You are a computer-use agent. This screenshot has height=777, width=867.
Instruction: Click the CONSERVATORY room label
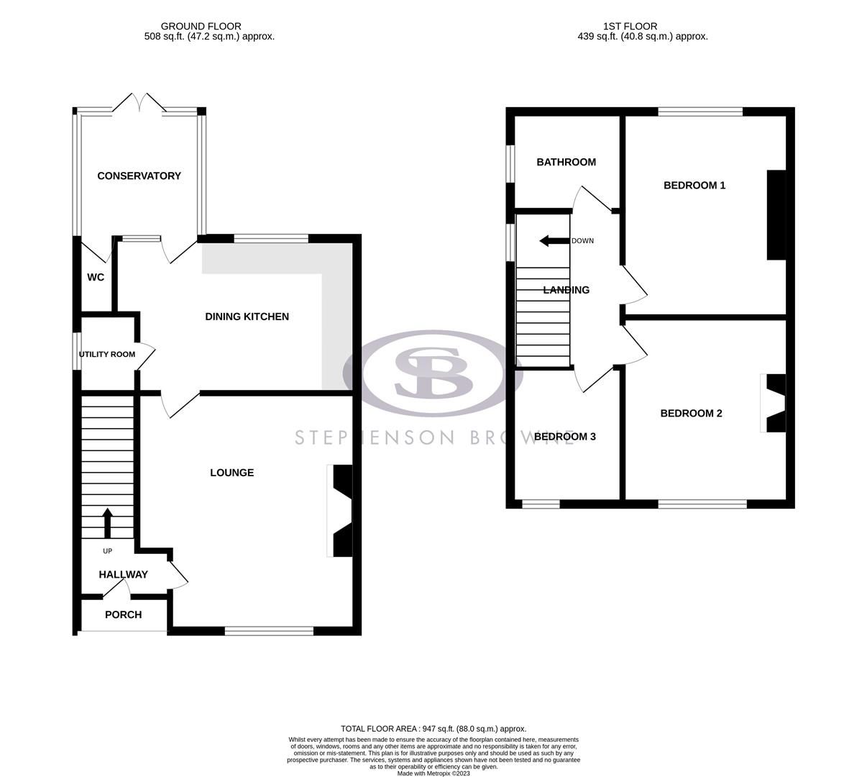(139, 176)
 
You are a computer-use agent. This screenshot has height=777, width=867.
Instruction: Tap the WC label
(96, 277)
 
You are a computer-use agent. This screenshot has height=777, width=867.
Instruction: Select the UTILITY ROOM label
(107, 354)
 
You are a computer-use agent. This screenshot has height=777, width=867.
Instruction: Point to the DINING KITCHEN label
(247, 317)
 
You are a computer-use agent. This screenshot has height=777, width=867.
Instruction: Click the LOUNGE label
(231, 473)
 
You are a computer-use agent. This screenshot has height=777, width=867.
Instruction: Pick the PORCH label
(123, 614)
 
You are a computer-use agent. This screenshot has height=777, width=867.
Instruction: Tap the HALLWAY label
(123, 574)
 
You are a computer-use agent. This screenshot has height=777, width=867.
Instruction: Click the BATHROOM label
(566, 162)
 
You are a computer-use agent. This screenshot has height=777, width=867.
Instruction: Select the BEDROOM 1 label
(694, 185)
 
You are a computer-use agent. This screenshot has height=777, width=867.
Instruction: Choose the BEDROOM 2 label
(691, 413)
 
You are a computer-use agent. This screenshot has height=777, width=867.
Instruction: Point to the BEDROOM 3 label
(564, 436)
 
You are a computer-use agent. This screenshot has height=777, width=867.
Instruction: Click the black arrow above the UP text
(108, 523)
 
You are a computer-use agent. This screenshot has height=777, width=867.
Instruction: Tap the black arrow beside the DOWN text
(554, 241)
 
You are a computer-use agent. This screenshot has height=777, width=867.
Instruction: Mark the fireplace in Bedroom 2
(774, 403)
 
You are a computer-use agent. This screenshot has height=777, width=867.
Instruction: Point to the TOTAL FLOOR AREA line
(433, 729)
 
